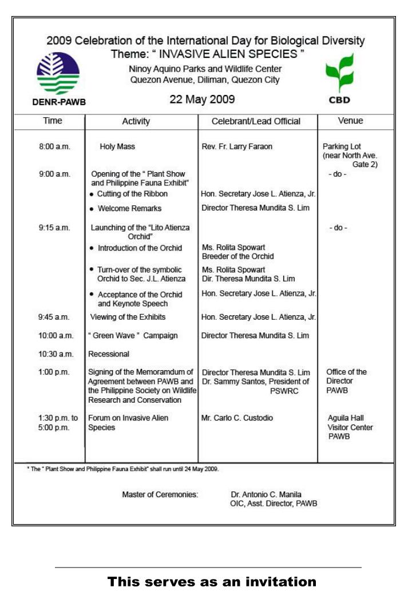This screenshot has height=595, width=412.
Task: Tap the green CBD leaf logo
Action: click(339, 74)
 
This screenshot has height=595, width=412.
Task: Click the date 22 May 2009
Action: click(202, 100)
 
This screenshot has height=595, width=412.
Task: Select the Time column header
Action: click(53, 121)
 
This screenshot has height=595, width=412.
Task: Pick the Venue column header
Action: click(350, 121)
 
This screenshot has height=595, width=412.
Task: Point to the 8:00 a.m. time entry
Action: click(54, 147)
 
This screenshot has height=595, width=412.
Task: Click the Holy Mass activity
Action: click(117, 147)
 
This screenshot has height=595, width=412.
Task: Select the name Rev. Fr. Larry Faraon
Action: click(237, 147)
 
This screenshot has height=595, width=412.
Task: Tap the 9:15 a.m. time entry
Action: click(54, 228)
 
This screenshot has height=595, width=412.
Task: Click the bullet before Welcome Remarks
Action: click(92, 209)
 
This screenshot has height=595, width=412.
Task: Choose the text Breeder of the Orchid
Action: click(237, 256)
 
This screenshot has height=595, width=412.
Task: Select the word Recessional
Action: click(108, 354)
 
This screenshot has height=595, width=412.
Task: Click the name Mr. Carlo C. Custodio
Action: click(237, 418)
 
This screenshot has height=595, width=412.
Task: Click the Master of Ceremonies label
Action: click(160, 494)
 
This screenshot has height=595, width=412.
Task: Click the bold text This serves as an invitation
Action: click(212, 582)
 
